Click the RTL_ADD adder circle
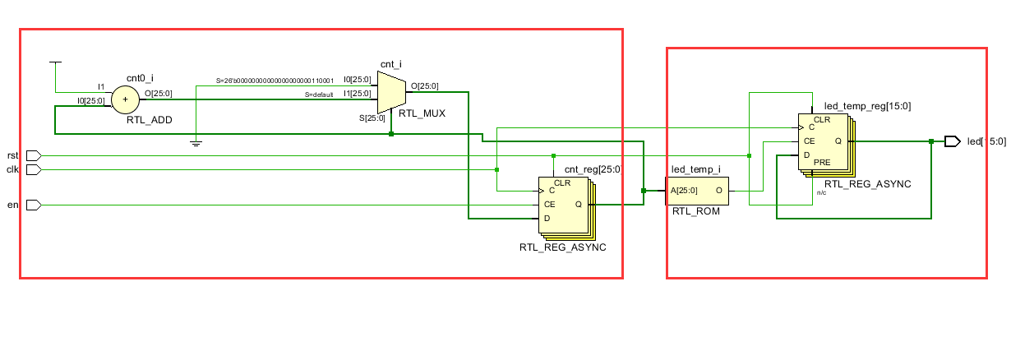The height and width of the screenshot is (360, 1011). [x=125, y=100]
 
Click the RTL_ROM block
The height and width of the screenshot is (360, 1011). [x=698, y=191]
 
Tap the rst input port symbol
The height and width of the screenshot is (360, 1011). [x=34, y=155]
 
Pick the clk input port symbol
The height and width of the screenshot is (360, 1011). [x=34, y=169]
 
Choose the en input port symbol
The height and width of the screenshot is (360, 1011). [x=34, y=205]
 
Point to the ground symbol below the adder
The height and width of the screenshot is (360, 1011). [x=196, y=143]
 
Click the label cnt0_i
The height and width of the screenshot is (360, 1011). [x=140, y=78]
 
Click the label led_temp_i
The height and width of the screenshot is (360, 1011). [x=695, y=169]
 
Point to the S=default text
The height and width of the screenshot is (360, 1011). [x=319, y=95]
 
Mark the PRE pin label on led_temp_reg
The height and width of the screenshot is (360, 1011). [x=822, y=163]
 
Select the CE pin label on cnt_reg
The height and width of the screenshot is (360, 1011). [x=549, y=204]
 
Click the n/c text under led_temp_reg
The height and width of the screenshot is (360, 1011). [x=821, y=192]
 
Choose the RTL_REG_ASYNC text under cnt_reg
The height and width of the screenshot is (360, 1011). [x=562, y=247]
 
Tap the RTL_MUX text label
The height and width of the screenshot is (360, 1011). [x=422, y=113]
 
